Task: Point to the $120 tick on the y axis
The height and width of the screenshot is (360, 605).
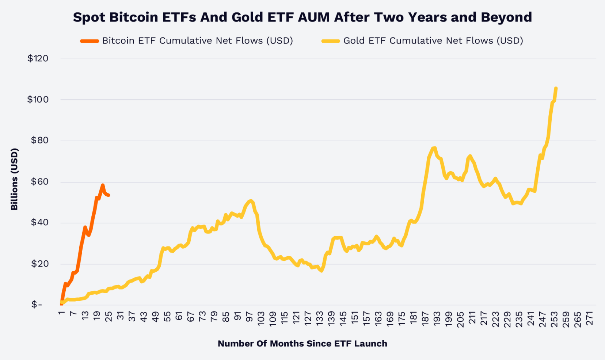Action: pos(38,58)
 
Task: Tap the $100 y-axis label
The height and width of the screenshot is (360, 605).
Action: pos(38,99)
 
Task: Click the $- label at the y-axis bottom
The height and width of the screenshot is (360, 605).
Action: pos(37,305)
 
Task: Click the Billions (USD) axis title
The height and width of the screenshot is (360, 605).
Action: pos(14,179)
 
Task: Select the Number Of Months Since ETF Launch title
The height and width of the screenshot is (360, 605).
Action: pos(302,344)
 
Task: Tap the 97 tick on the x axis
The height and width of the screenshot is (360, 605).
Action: pos(249,316)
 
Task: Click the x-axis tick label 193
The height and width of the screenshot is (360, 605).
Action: pos(437,319)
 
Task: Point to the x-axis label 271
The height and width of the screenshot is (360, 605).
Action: pos(589,319)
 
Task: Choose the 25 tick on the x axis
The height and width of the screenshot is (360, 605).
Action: pos(109,316)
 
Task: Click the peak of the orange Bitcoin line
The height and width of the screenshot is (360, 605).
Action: pos(103,185)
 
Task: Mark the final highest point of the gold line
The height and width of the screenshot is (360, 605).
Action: pos(556,88)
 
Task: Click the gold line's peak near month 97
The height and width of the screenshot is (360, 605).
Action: pos(251,200)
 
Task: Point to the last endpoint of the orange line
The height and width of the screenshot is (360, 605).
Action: pos(109,195)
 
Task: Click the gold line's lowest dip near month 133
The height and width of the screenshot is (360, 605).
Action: pos(321,271)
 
